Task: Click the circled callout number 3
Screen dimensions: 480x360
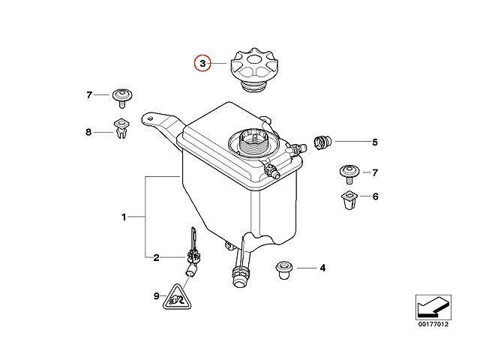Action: pyautogui.click(x=202, y=64)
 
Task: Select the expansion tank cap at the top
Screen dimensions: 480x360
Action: pyautogui.click(x=254, y=70)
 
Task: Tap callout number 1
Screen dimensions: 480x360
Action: pyautogui.click(x=124, y=217)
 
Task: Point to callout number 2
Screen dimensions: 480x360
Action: pyautogui.click(x=156, y=258)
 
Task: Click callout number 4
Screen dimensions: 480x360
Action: pyautogui.click(x=322, y=268)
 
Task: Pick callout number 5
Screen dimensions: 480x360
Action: pyautogui.click(x=375, y=142)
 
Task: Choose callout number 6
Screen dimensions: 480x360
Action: pyautogui.click(x=376, y=196)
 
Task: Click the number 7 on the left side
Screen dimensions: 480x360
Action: pyautogui.click(x=89, y=95)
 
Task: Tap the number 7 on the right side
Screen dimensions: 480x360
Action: pyautogui.click(x=375, y=172)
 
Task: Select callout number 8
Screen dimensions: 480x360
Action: pyautogui.click(x=88, y=132)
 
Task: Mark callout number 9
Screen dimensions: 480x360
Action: pyautogui.click(x=157, y=296)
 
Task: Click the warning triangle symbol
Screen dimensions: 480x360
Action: pyautogui.click(x=177, y=298)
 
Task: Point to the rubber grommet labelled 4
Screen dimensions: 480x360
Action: pyautogui.click(x=284, y=270)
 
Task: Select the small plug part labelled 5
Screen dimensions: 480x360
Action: pyautogui.click(x=322, y=142)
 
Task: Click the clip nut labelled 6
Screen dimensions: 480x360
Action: pyautogui.click(x=349, y=200)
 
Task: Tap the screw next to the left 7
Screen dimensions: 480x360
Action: pyautogui.click(x=122, y=98)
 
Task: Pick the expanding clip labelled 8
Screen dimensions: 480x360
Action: pyautogui.click(x=121, y=128)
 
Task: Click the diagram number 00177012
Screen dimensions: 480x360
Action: pyautogui.click(x=433, y=324)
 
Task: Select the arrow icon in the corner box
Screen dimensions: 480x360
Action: pyautogui.click(x=433, y=307)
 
